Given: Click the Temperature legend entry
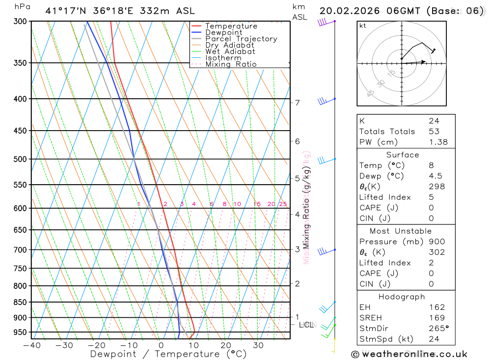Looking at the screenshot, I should (231, 26).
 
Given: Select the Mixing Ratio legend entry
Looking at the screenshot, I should (231, 64).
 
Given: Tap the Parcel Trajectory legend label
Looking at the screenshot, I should (241, 39).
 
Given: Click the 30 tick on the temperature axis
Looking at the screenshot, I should (258, 345).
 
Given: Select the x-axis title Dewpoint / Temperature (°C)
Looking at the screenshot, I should (168, 354).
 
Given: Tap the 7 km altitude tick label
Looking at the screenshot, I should (297, 103).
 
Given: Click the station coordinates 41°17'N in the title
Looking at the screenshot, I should (64, 11).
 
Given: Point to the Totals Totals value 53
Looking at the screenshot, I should (434, 132).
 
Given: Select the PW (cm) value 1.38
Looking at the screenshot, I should (438, 142).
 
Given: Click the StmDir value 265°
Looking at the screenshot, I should (438, 329).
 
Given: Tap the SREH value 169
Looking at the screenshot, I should (436, 318).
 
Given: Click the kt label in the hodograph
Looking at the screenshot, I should (363, 26).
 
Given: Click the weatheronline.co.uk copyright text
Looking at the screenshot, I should (409, 354).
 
